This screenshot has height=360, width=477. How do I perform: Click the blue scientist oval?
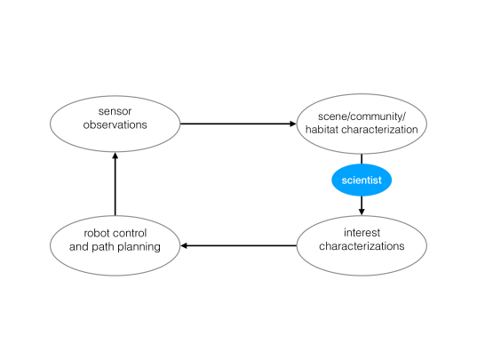(x=362, y=180)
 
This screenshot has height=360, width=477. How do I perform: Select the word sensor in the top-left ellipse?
(x=115, y=111)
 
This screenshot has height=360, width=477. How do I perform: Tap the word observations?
(x=115, y=124)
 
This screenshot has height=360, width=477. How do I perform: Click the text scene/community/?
(x=362, y=116)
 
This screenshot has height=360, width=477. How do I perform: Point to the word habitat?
(x=322, y=130)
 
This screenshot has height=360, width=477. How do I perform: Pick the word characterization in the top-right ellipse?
(x=379, y=130)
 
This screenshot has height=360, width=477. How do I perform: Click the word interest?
(x=362, y=233)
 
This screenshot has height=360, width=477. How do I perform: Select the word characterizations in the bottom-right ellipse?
(x=362, y=246)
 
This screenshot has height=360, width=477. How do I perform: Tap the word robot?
(x=97, y=234)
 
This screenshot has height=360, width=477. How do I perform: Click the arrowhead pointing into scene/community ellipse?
(x=293, y=124)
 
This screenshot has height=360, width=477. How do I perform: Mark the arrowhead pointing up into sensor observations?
(x=115, y=156)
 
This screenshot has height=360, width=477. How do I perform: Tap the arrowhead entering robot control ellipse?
(x=184, y=245)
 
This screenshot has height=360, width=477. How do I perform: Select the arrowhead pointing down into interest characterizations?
(x=362, y=212)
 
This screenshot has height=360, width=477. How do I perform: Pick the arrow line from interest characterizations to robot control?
(x=238, y=245)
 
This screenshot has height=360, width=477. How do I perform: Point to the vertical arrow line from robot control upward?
(x=115, y=184)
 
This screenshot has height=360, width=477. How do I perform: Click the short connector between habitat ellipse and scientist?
(x=362, y=159)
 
